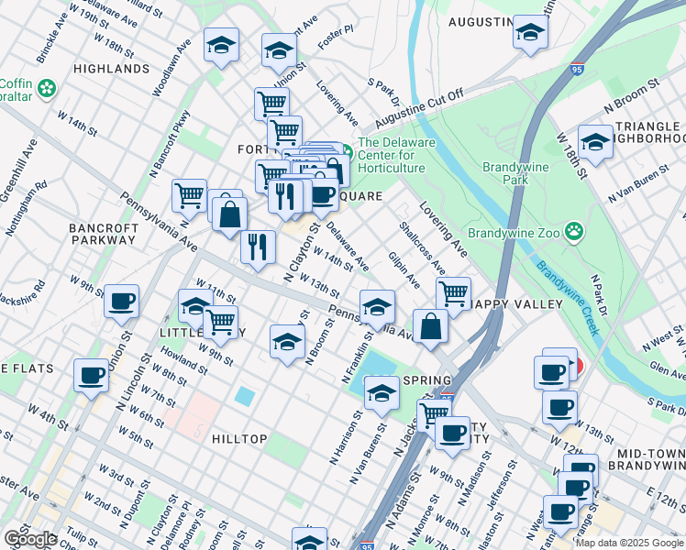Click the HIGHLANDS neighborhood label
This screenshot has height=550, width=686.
tap(111, 69)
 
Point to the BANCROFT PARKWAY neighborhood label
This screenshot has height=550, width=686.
tap(103, 234)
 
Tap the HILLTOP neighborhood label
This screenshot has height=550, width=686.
tap(239, 439)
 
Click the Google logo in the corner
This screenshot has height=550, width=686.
tap(29, 539)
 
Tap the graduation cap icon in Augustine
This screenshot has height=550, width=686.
tap(529, 32)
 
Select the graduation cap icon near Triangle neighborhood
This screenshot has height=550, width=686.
tap(595, 141)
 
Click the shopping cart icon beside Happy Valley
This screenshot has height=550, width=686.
tap(453, 293)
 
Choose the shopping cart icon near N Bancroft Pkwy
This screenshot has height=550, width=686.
tap(189, 193)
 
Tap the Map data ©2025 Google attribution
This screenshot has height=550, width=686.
tap(629, 543)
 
